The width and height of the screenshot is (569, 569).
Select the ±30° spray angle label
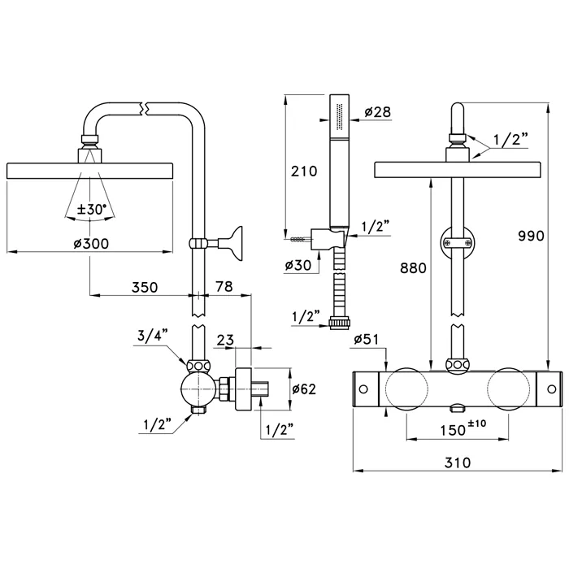coord(91,209)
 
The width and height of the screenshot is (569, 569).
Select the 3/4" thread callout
coord(152,334)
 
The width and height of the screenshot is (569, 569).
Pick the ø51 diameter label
coord(368,341)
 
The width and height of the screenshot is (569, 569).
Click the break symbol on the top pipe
coord(145,107)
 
